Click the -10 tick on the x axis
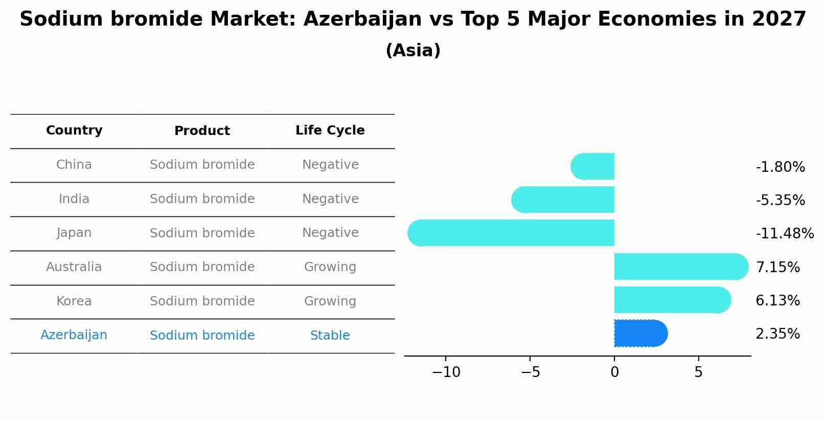coord(446,372)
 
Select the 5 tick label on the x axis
coord(698,372)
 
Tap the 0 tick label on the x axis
coord(614,372)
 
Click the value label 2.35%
coord(777,334)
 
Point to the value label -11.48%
coord(785,234)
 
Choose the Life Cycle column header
coord(330,130)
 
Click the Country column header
coord(74,130)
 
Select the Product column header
coord(202,131)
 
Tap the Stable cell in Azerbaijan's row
coord(330,336)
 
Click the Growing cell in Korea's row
coord(330,301)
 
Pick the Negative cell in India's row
coord(330,199)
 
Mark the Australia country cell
coord(74,267)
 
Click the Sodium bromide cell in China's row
coord(202,165)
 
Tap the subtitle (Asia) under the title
coord(413,51)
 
